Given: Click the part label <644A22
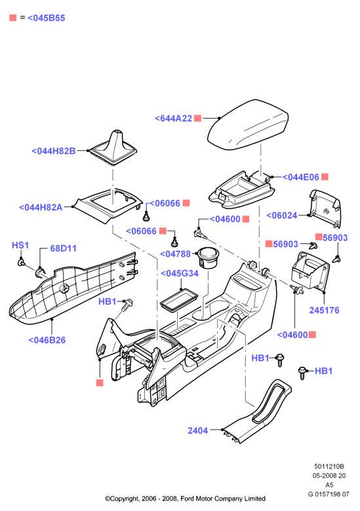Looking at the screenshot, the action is pos(173,118).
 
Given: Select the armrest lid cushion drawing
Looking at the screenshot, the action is pos(248,125).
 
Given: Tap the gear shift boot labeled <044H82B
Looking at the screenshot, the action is pos(113,148).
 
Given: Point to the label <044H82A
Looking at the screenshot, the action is pos(41,207).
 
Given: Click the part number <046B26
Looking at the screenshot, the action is pos(47,340).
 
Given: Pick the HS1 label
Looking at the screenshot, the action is pos(20,245).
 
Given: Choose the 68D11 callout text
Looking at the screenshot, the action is pos(63,249).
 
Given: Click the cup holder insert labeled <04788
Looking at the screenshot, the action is pos(207,257).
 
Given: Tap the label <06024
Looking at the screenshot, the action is pos(282,215).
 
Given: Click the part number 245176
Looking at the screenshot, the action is pos(324,310).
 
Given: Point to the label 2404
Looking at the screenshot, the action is pos(198,430).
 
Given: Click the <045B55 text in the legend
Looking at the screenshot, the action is pos(47,18).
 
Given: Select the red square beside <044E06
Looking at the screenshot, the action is pos(325,176).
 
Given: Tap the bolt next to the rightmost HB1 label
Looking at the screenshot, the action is pos(303,373).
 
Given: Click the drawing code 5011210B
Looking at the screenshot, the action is pos(329,466).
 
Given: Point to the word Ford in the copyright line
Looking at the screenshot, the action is pos(187,499).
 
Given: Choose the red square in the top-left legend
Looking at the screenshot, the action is pos(13,18).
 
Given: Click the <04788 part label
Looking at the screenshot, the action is pos(175,254).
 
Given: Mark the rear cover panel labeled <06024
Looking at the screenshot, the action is pos(325,208).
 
